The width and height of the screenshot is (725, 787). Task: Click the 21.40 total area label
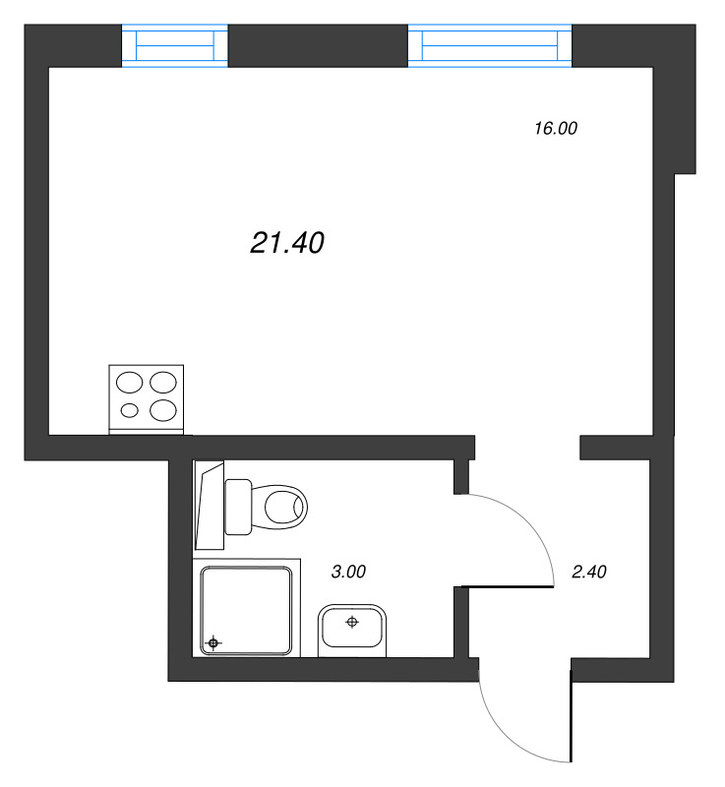pyautogui.click(x=287, y=243)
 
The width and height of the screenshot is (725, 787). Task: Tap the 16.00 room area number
pyautogui.click(x=555, y=128)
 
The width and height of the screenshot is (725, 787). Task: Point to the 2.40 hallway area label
pyautogui.click(x=589, y=571)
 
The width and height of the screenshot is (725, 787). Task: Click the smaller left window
pyautogui.click(x=174, y=44)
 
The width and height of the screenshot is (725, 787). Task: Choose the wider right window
pyautogui.click(x=489, y=44)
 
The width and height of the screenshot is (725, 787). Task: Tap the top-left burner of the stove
pyautogui.click(x=130, y=382)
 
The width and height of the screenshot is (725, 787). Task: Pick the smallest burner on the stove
pyautogui.click(x=129, y=410)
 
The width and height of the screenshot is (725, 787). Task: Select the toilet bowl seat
pyautogui.click(x=284, y=509)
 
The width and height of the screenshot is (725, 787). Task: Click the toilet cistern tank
pyautogui.click(x=239, y=506)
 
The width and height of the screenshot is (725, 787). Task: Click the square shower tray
pyautogui.click(x=247, y=610)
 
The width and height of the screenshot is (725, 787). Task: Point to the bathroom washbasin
pyautogui.click(x=352, y=630)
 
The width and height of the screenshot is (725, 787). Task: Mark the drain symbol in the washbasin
pyautogui.click(x=352, y=622)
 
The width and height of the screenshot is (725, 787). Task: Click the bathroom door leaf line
pyautogui.click(x=506, y=587)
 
